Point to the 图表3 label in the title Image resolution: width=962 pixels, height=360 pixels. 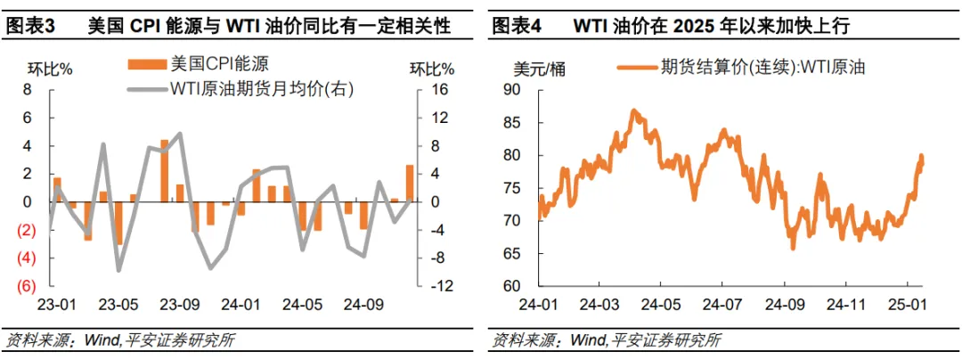click(x=31, y=27)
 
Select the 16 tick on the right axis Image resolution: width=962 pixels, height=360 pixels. click(x=438, y=90)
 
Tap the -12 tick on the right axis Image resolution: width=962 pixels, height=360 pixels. click(x=440, y=286)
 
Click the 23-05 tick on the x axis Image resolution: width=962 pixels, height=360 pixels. click(x=118, y=304)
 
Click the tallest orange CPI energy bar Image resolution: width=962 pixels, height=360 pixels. click(x=164, y=170)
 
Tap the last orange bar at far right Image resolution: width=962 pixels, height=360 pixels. click(x=410, y=183)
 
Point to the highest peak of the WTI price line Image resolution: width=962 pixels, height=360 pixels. click(x=633, y=110)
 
